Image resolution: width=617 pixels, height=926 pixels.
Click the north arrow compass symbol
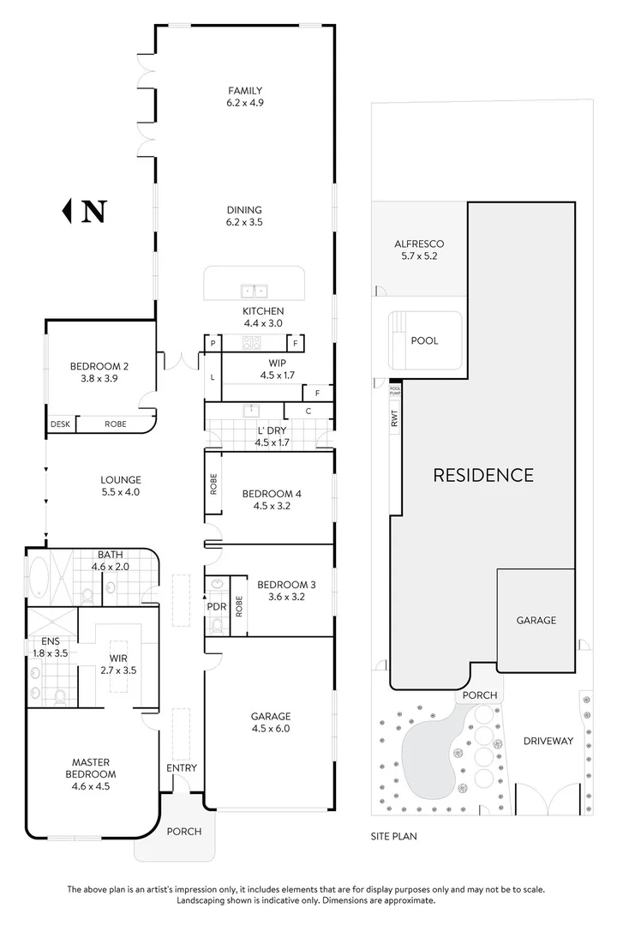click(x=86, y=210)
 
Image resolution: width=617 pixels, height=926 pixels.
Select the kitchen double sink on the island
click(x=254, y=290)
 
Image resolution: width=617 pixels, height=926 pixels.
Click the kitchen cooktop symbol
click(x=252, y=343)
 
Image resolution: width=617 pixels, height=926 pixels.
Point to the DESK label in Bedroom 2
click(x=60, y=424)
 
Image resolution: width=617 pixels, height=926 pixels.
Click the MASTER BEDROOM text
click(x=90, y=768)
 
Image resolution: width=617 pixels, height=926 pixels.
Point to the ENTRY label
click(x=181, y=767)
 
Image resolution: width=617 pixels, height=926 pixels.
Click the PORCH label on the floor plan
click(x=183, y=831)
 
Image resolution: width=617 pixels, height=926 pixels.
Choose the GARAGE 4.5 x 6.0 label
click(x=270, y=722)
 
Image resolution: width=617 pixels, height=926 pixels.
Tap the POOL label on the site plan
click(x=424, y=340)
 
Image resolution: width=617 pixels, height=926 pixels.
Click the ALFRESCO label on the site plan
click(x=419, y=250)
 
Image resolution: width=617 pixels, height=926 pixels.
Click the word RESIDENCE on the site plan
click(x=483, y=474)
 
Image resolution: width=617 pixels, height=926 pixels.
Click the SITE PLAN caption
click(x=393, y=833)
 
